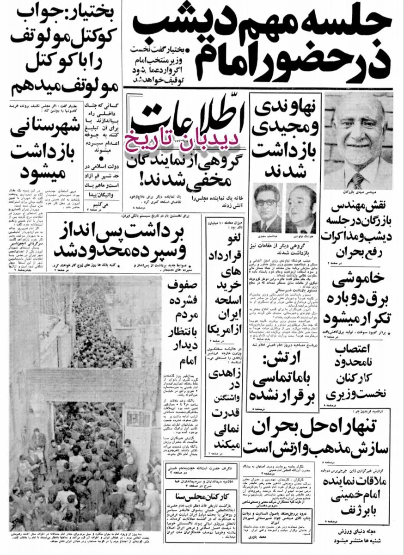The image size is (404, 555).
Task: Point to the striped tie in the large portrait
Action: tap(357, 180)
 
